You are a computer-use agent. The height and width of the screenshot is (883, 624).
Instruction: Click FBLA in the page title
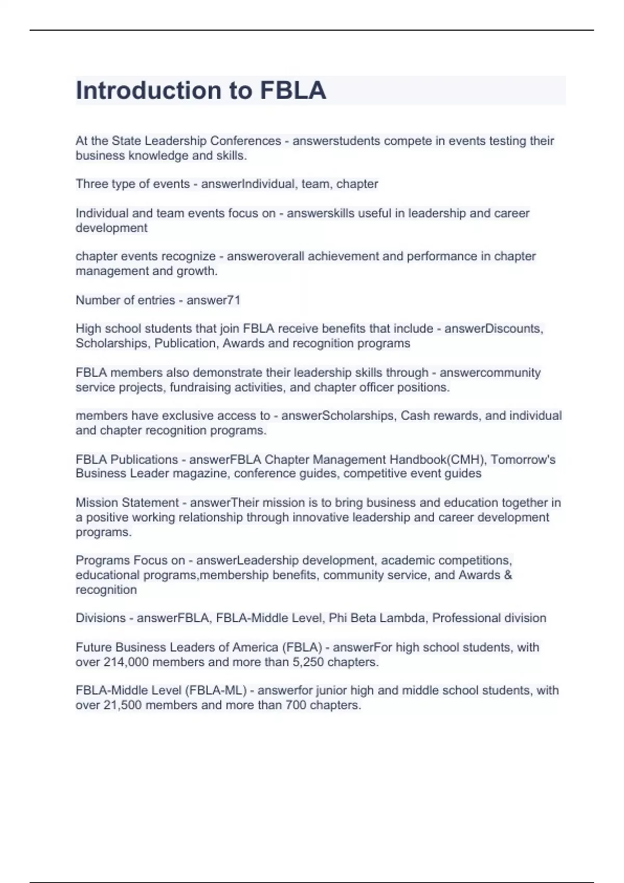click(293, 90)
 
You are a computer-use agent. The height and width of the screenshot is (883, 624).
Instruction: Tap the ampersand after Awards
click(508, 575)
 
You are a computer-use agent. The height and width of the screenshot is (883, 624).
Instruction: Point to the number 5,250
click(309, 662)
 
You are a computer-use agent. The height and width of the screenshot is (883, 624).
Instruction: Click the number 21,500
click(123, 705)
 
